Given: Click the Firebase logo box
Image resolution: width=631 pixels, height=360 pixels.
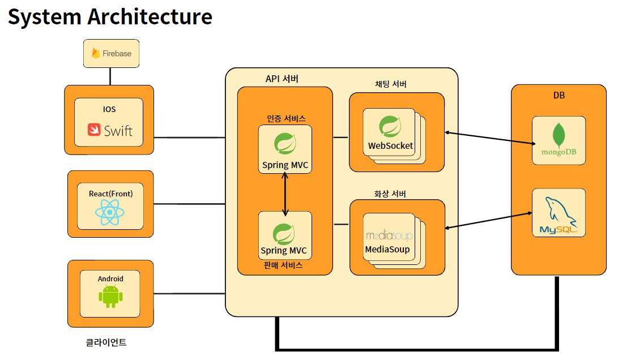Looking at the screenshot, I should coord(111,54).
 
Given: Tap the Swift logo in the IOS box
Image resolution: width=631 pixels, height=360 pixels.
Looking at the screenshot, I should coord(110,131).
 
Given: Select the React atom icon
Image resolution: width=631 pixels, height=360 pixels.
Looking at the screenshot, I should coord(110,213).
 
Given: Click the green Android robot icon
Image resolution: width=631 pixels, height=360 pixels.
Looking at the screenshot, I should coord(110,296).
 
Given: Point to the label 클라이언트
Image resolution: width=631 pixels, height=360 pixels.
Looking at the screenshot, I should coord(106,342).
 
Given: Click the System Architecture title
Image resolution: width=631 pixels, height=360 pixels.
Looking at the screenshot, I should coord(110,17).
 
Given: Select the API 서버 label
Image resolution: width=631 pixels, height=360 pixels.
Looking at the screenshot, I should coord(282,79).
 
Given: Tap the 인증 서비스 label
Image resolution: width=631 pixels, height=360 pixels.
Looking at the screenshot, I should coord(285,118).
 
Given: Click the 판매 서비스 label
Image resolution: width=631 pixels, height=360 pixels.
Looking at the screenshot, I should coord(283,264).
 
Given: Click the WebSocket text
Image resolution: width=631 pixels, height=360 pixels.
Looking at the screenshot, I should coord(390,145).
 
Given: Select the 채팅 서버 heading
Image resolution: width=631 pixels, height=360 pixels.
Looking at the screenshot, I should coord(391,84).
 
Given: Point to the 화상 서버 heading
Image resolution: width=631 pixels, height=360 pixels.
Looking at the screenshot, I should coord(390,194).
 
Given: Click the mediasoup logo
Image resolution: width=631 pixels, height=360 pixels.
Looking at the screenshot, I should coord(389,235).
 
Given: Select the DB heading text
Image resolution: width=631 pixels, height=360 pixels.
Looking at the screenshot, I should coord(559,96).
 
